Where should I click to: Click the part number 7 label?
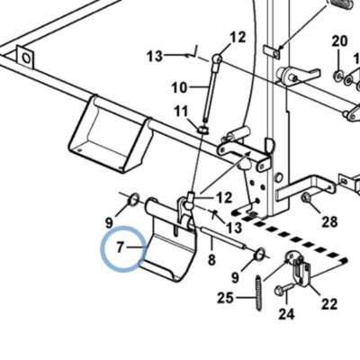tap(120, 247)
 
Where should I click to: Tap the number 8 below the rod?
tap(211, 259)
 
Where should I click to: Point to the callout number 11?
tap(181, 112)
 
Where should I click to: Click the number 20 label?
tap(339, 40)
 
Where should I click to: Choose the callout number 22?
tap(329, 304)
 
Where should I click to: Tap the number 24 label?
tap(287, 314)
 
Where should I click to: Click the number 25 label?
tap(225, 298)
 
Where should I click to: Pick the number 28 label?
tap(329, 222)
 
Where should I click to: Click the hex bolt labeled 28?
tap(306, 198)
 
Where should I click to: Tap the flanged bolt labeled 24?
tap(284, 289)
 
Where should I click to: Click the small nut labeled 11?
tap(203, 130)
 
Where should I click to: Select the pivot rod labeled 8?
tap(222, 238)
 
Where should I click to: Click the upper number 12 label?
tap(238, 38)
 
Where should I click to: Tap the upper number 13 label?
tap(155, 56)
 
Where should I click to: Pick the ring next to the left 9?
tap(133, 200)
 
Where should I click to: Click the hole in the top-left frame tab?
tap(26, 58)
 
